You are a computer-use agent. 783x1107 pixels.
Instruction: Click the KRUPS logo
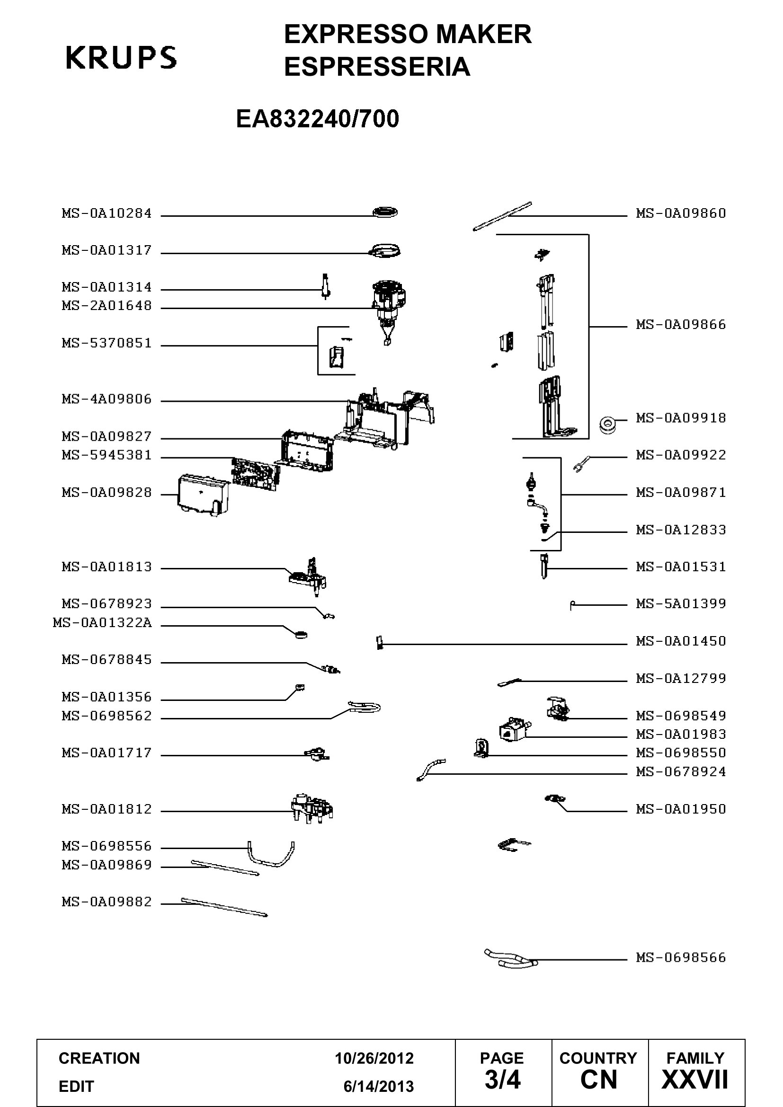[x=121, y=57]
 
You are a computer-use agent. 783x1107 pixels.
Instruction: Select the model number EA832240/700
[x=317, y=119]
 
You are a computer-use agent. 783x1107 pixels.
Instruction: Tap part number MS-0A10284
[x=107, y=213]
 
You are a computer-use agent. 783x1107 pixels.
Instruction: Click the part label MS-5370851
[x=107, y=343]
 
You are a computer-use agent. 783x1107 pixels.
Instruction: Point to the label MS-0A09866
[x=681, y=325]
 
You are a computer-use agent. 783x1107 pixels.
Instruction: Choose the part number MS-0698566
[x=681, y=957]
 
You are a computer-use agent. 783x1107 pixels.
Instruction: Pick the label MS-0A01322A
[x=102, y=623]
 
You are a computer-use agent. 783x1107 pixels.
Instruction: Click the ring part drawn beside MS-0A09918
[x=606, y=423]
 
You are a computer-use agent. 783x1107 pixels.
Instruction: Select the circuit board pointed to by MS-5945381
[x=255, y=474]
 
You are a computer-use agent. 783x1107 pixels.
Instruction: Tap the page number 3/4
[x=502, y=1080]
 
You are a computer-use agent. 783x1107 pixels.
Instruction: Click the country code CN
[x=599, y=1080]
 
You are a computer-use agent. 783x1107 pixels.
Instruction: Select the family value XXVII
[x=695, y=1080]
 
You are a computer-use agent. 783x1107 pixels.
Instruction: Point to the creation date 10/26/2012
[x=374, y=1058]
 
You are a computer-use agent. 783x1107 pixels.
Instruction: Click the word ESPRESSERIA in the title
[x=377, y=67]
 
